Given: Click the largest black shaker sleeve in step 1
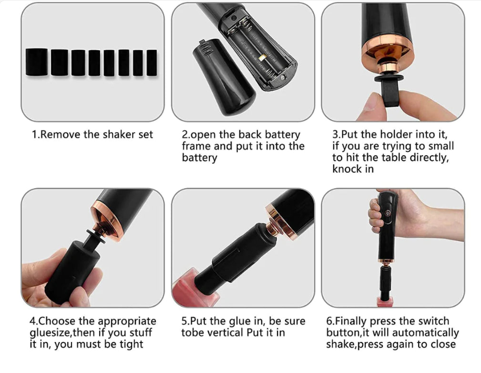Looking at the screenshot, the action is click(x=37, y=62).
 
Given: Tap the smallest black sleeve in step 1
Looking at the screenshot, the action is click(x=152, y=63).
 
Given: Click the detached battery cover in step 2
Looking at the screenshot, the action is click(x=224, y=78).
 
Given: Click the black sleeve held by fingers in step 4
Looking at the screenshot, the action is click(x=73, y=270).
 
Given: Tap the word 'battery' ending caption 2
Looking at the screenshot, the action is click(x=199, y=158).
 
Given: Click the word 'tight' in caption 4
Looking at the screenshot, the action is click(x=131, y=344).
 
